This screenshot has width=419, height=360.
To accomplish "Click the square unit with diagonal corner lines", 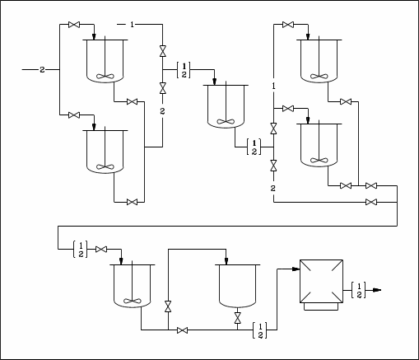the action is coord(321,281).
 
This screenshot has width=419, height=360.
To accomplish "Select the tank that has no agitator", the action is coord(238,286).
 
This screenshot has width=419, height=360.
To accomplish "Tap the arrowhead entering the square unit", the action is coord(296,269).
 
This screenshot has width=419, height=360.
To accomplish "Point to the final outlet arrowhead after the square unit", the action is coord(378,290).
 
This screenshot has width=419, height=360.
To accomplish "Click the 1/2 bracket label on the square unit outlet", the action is coord(359,290).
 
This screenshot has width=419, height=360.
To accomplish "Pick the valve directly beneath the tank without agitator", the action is coord(238,318).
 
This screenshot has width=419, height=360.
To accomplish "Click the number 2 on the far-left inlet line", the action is coord(42,70).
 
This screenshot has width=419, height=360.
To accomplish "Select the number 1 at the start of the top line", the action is coord(132,25).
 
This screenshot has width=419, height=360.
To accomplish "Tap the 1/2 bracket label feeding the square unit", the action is coord(260,330).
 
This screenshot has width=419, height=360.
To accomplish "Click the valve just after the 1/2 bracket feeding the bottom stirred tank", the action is coord(101,250).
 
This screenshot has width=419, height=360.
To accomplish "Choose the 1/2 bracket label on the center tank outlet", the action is coord(254,147).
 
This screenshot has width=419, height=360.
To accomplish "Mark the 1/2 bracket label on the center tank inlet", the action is coord(184,70).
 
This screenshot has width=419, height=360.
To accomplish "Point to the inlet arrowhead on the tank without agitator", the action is coord(226,261).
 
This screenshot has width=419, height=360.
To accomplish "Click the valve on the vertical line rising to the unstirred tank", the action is coord(168,306).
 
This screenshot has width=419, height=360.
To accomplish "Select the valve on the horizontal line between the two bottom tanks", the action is coord(183,330).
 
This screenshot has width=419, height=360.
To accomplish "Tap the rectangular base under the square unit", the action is coord(321,306).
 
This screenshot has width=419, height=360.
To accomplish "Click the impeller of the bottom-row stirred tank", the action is coord(133,301).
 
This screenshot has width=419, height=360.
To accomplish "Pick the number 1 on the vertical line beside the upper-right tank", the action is coord(273,86).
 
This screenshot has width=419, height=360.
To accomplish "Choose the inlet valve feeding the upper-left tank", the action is coord(74,25).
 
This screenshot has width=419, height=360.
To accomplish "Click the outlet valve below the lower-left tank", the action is coord(132,203).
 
